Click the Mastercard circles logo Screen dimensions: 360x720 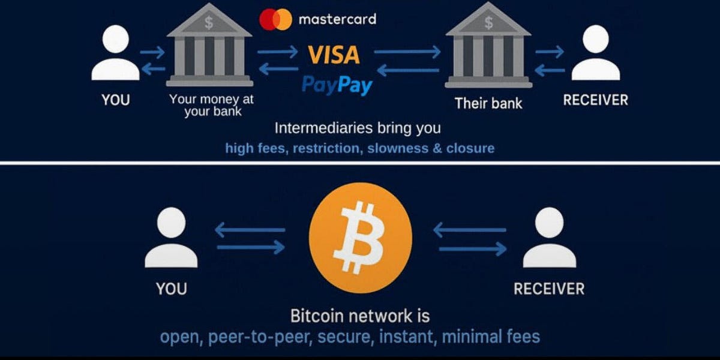pos(275,19)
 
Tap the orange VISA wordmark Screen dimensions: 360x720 pos(334,55)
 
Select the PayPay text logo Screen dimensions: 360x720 pos(337,85)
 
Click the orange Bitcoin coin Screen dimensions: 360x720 pos(360,238)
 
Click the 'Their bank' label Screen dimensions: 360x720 pos(488,103)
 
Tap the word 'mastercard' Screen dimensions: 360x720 pos(337,19)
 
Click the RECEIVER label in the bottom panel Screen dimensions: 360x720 pos(549,289)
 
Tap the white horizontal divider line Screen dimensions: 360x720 pos(360,163)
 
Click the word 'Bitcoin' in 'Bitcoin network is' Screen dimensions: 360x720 pos(316,316)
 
